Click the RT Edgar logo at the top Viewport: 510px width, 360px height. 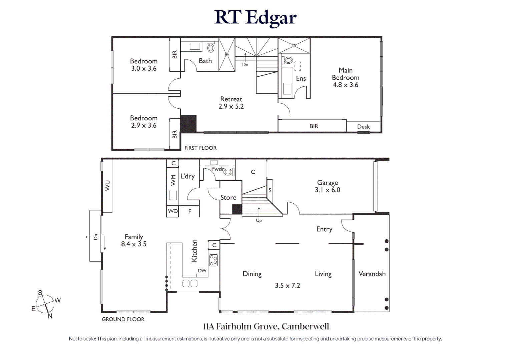pyautogui.click(x=255, y=17)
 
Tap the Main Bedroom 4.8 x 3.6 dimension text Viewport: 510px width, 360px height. pyautogui.click(x=346, y=85)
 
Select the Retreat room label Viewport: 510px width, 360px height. pyautogui.click(x=231, y=99)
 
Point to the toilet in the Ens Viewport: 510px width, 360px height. pyautogui.click(x=288, y=60)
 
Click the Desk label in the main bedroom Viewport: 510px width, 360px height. pyautogui.click(x=363, y=127)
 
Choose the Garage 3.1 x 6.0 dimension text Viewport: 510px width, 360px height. pyautogui.click(x=328, y=190)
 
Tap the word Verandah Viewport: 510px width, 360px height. pyautogui.click(x=372, y=274)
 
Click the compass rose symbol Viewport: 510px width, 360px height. pyautogui.click(x=45, y=304)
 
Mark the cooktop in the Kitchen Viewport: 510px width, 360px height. pyautogui.click(x=213, y=260)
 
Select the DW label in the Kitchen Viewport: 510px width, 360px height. pyautogui.click(x=202, y=271)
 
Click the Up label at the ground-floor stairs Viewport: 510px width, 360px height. pyautogui.click(x=259, y=220)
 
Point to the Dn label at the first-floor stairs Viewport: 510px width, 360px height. pyautogui.click(x=245, y=65)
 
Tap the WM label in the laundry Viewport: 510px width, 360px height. pyautogui.click(x=173, y=180)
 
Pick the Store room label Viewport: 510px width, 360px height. pyautogui.click(x=228, y=197)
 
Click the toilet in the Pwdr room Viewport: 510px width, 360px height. pyautogui.click(x=228, y=172)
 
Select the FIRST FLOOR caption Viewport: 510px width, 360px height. pyautogui.click(x=200, y=148)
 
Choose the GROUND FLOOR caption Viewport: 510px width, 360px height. pyautogui.click(x=123, y=319)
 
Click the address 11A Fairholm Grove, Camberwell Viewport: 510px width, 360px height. pyautogui.click(x=266, y=326)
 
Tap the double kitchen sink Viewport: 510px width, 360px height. pyautogui.click(x=190, y=283)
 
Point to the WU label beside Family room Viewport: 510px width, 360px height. pyautogui.click(x=107, y=186)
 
